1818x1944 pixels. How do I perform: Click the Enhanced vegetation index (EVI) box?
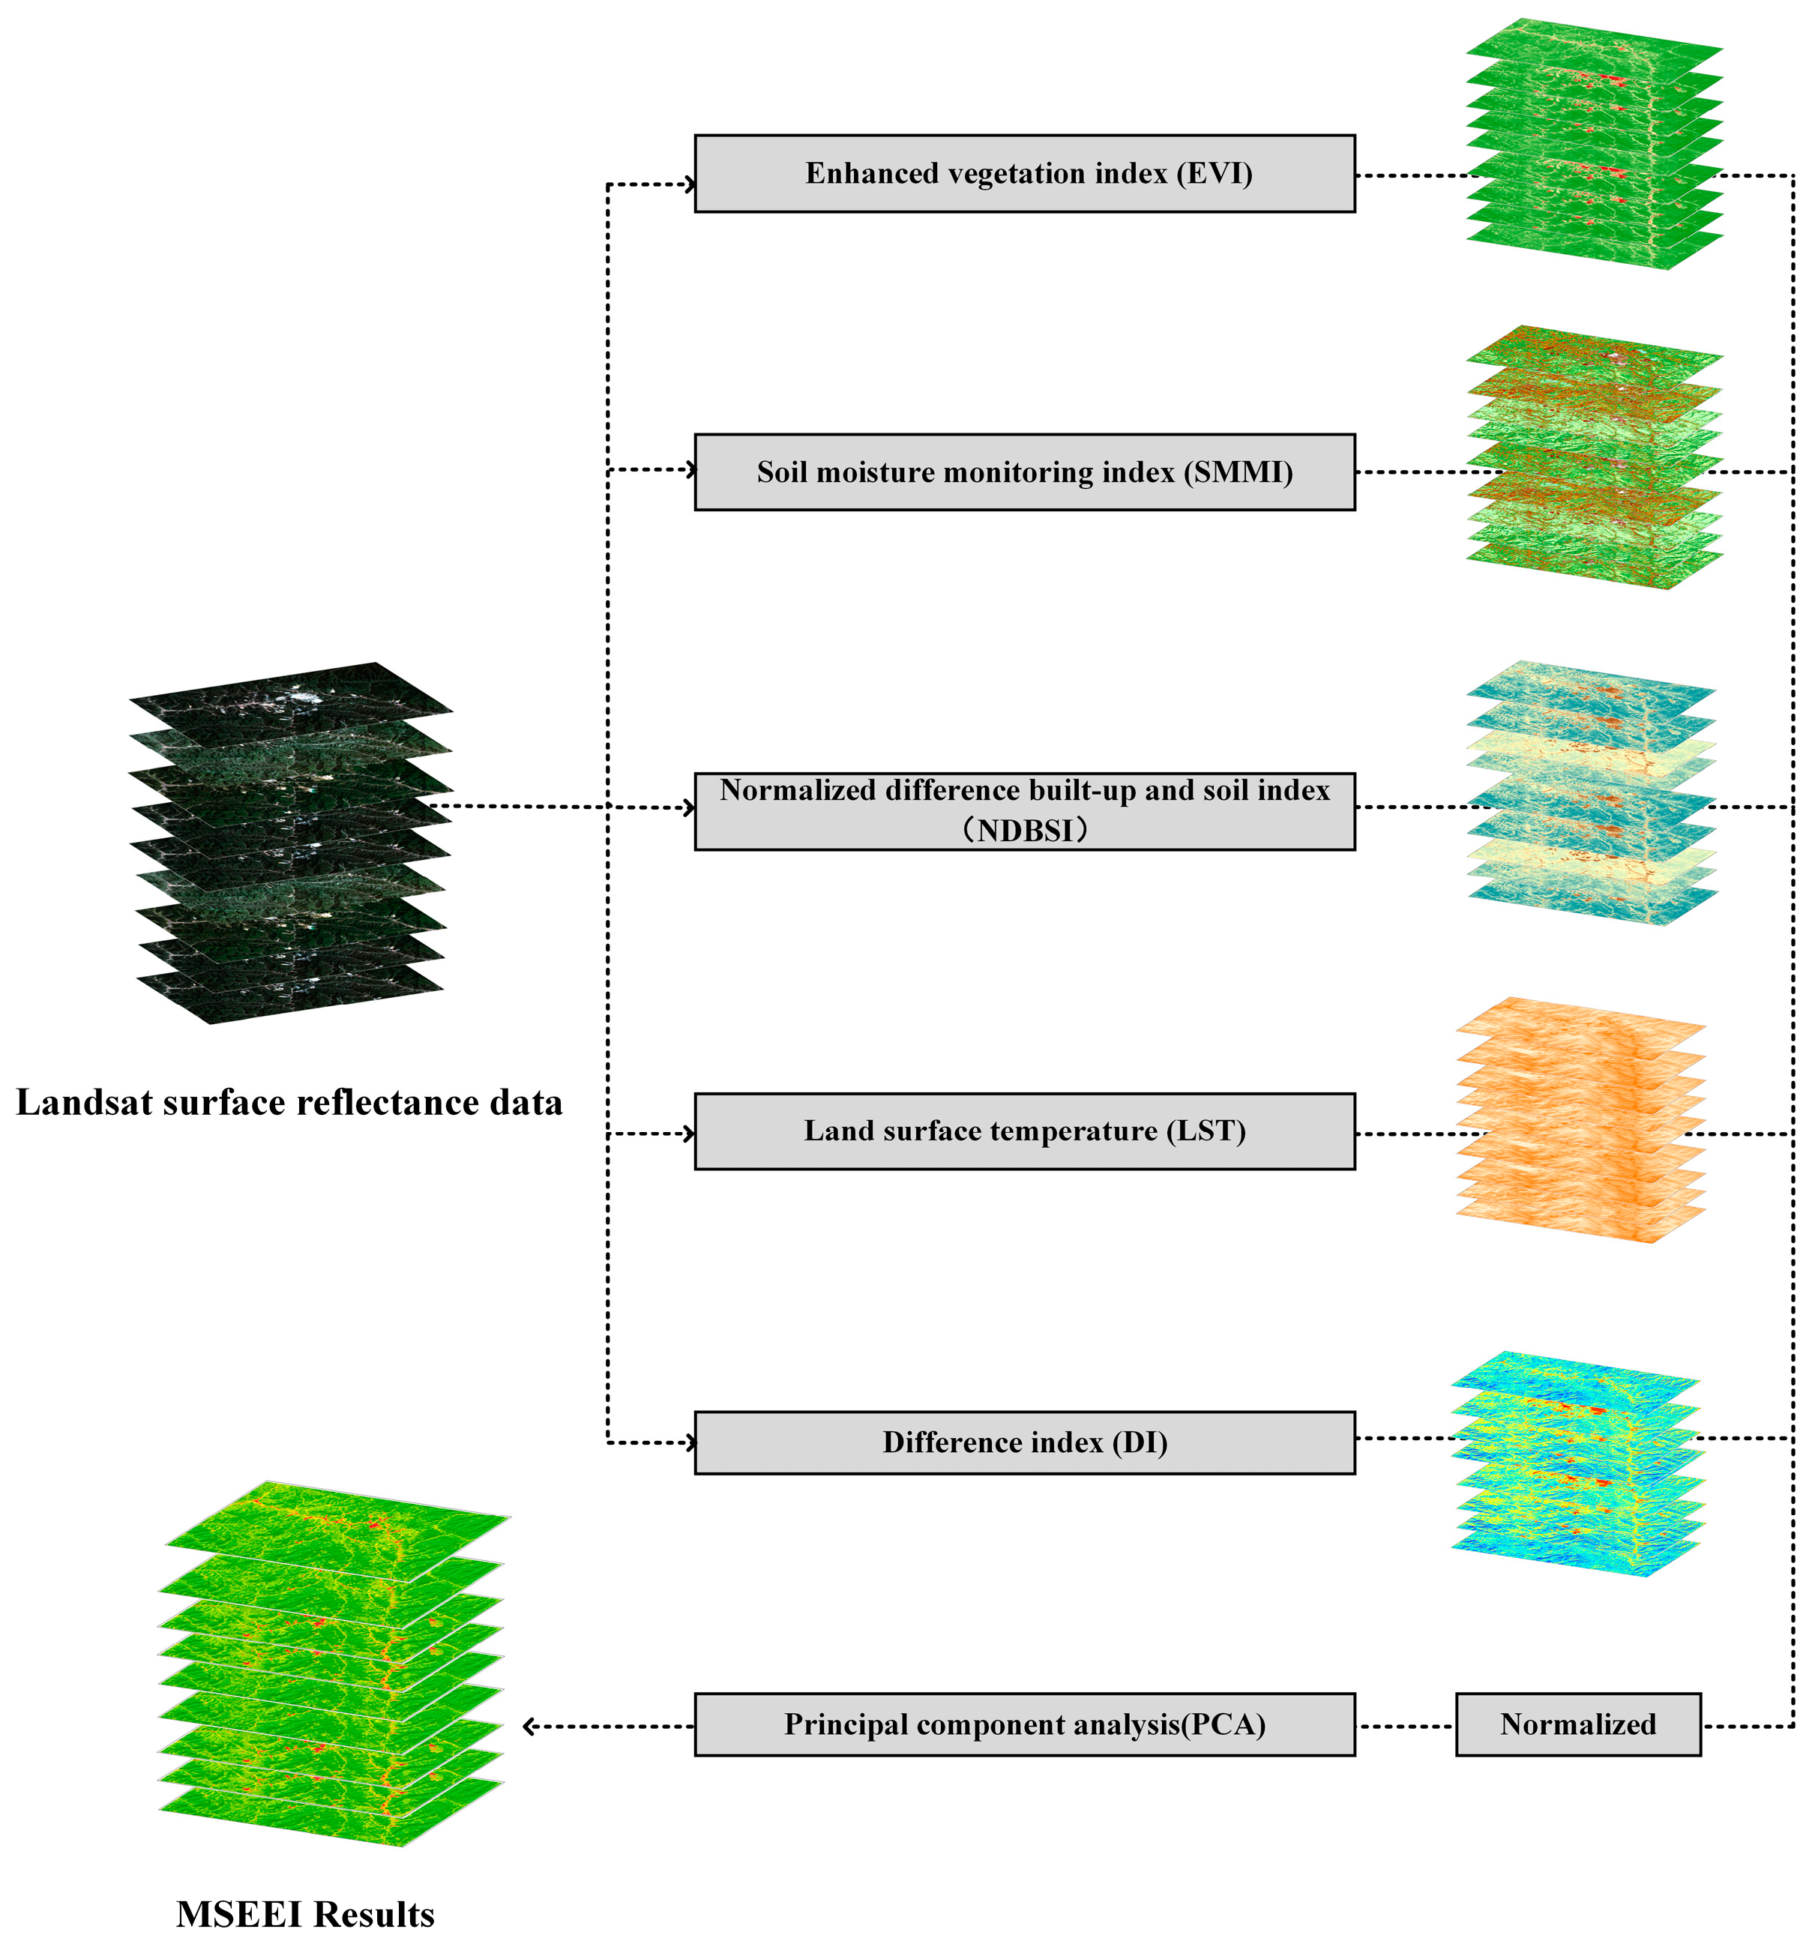(1024, 174)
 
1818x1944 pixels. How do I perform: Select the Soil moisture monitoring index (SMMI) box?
(1024, 472)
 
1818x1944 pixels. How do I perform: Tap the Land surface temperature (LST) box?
(1024, 1131)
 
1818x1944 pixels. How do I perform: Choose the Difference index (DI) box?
(1024, 1442)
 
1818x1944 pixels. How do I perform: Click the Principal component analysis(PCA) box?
(1024, 1724)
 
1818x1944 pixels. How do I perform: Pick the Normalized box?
(1577, 1724)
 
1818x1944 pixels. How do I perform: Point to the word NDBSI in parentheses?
(1024, 830)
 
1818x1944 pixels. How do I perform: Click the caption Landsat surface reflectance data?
(289, 1103)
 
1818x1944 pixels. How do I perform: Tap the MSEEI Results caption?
(305, 1914)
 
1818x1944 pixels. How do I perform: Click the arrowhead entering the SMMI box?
(690, 470)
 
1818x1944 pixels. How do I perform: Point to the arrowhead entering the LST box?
(690, 1134)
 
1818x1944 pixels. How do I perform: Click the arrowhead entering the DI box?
(690, 1442)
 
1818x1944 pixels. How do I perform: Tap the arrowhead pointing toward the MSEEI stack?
(529, 1726)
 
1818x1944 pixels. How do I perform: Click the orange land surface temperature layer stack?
(1580, 1119)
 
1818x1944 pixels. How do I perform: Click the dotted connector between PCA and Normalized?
(1406, 1726)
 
